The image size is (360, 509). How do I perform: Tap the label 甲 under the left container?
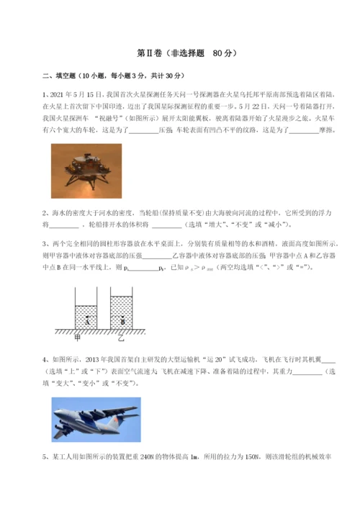tap(77, 336)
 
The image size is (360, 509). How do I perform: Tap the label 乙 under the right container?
tap(121, 336)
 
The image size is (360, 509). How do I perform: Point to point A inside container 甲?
tap(87, 320)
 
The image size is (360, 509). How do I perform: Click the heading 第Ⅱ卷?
tap(148, 53)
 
